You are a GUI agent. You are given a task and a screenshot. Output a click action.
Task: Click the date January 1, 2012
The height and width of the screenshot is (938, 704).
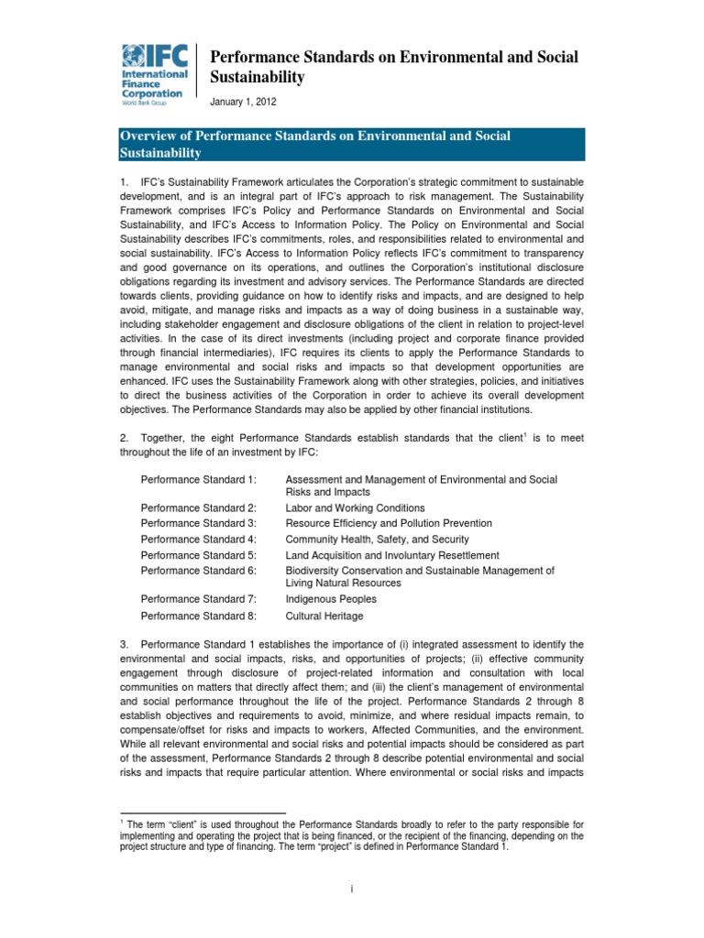point(245,102)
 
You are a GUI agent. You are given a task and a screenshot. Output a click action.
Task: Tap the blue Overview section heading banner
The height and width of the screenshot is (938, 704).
point(352,145)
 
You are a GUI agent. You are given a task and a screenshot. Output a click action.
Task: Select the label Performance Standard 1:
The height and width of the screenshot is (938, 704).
point(199,480)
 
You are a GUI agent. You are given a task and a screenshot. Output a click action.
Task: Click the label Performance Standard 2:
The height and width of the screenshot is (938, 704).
point(199,507)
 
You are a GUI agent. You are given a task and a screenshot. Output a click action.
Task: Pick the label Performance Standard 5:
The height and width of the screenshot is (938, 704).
point(199,555)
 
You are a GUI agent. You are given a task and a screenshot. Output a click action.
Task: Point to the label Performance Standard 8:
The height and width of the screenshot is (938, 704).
point(199,616)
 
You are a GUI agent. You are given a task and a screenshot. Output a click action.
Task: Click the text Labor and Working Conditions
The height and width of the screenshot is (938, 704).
point(355,507)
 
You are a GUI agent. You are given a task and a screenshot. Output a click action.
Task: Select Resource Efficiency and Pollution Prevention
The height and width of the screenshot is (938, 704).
point(389,523)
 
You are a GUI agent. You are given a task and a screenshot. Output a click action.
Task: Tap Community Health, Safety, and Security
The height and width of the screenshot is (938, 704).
point(377,540)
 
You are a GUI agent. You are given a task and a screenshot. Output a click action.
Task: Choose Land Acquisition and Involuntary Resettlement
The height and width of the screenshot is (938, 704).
point(392,555)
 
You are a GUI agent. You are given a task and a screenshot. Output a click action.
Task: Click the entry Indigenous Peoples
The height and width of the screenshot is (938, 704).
point(331,599)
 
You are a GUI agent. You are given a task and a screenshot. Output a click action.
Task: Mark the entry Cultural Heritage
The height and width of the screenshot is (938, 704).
point(324,616)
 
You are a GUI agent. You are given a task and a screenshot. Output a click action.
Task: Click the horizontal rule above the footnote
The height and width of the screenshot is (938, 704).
point(203,813)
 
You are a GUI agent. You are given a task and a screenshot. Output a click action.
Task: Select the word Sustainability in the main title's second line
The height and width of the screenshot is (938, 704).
point(258,78)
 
